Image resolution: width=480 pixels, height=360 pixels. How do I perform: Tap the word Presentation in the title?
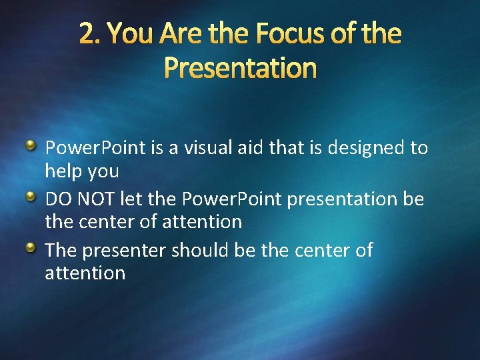[x=240, y=67]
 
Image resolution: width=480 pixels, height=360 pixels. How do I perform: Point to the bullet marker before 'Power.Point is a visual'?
[x=31, y=145]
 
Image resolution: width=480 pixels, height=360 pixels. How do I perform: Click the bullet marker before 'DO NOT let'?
[x=31, y=197]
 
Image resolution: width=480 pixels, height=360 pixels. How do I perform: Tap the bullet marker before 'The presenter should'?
[x=31, y=248]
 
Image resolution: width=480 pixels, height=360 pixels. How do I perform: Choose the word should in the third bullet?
[x=199, y=251]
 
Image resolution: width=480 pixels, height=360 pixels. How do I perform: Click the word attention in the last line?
[x=85, y=273]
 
